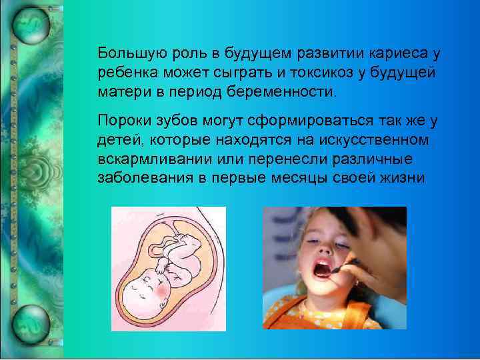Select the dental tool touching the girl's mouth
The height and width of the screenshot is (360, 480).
[343, 265]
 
